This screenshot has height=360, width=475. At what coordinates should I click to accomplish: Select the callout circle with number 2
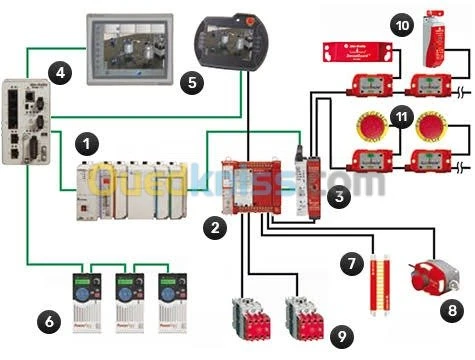point(214,228)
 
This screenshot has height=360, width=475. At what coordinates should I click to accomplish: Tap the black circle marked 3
point(340,196)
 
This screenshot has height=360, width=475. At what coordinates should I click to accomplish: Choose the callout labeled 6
point(48,320)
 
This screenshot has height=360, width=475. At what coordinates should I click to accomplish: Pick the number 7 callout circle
point(349,264)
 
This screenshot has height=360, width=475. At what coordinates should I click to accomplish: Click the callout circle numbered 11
point(402,118)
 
